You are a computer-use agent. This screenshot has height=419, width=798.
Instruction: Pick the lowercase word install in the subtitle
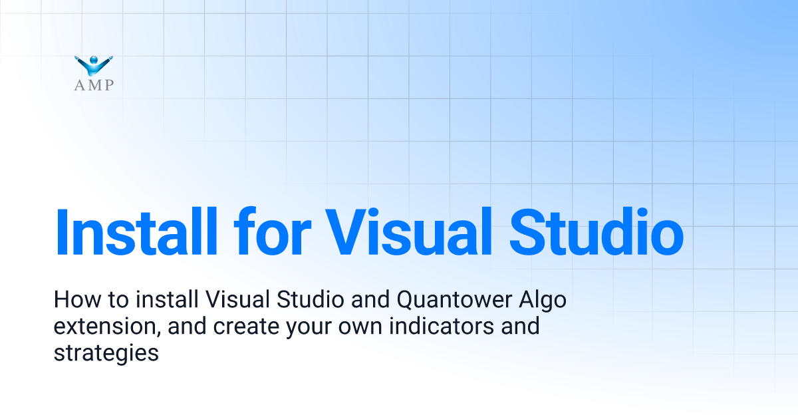tap(163, 301)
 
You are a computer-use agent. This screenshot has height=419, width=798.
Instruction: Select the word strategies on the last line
tap(106, 353)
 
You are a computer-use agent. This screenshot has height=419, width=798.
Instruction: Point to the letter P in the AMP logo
tap(108, 85)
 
